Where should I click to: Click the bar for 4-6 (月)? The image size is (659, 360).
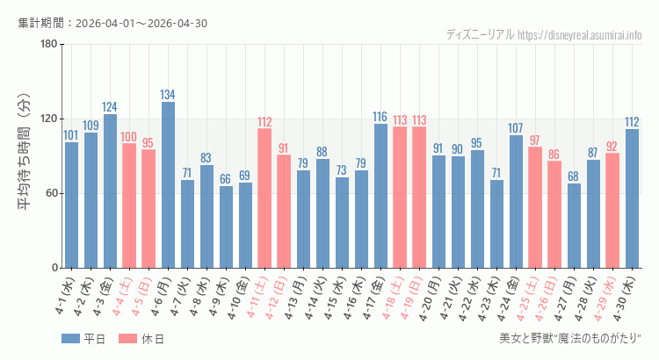(x=168, y=184)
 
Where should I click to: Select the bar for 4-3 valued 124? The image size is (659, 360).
(x=110, y=191)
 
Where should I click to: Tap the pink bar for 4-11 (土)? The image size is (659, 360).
(x=264, y=198)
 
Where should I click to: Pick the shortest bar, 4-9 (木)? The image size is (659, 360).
(x=226, y=227)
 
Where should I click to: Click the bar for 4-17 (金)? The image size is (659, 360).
(x=380, y=196)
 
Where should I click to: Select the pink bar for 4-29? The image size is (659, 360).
(x=612, y=211)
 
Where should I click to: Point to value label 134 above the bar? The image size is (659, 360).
(x=168, y=95)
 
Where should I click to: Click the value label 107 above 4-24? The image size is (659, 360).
(x=516, y=128)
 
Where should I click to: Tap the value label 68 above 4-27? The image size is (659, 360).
(x=574, y=176)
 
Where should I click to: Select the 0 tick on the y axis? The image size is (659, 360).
(x=54, y=268)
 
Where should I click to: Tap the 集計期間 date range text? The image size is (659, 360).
(x=112, y=23)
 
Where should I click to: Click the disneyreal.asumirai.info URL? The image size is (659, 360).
(x=580, y=35)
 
